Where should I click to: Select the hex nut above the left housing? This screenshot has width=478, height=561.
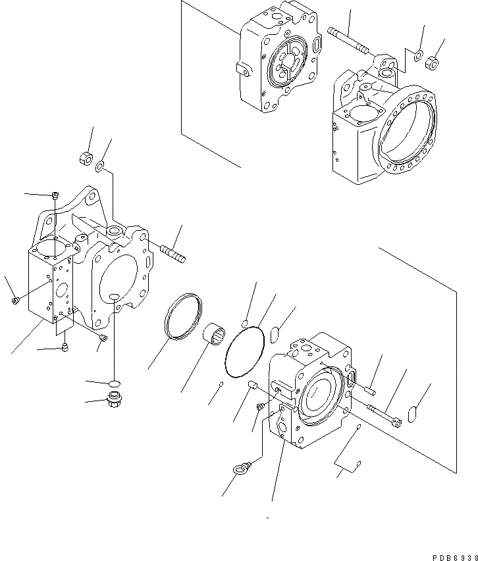pyautogui.click(x=84, y=158)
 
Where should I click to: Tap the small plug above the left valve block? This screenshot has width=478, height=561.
pyautogui.click(x=55, y=195)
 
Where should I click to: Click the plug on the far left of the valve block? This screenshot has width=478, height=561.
pyautogui.click(x=16, y=301)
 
